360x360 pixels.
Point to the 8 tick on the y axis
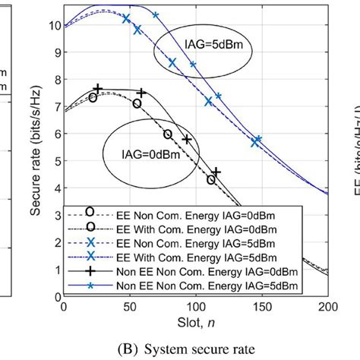[x=55, y=80]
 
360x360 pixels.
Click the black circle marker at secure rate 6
[x=168, y=134]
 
